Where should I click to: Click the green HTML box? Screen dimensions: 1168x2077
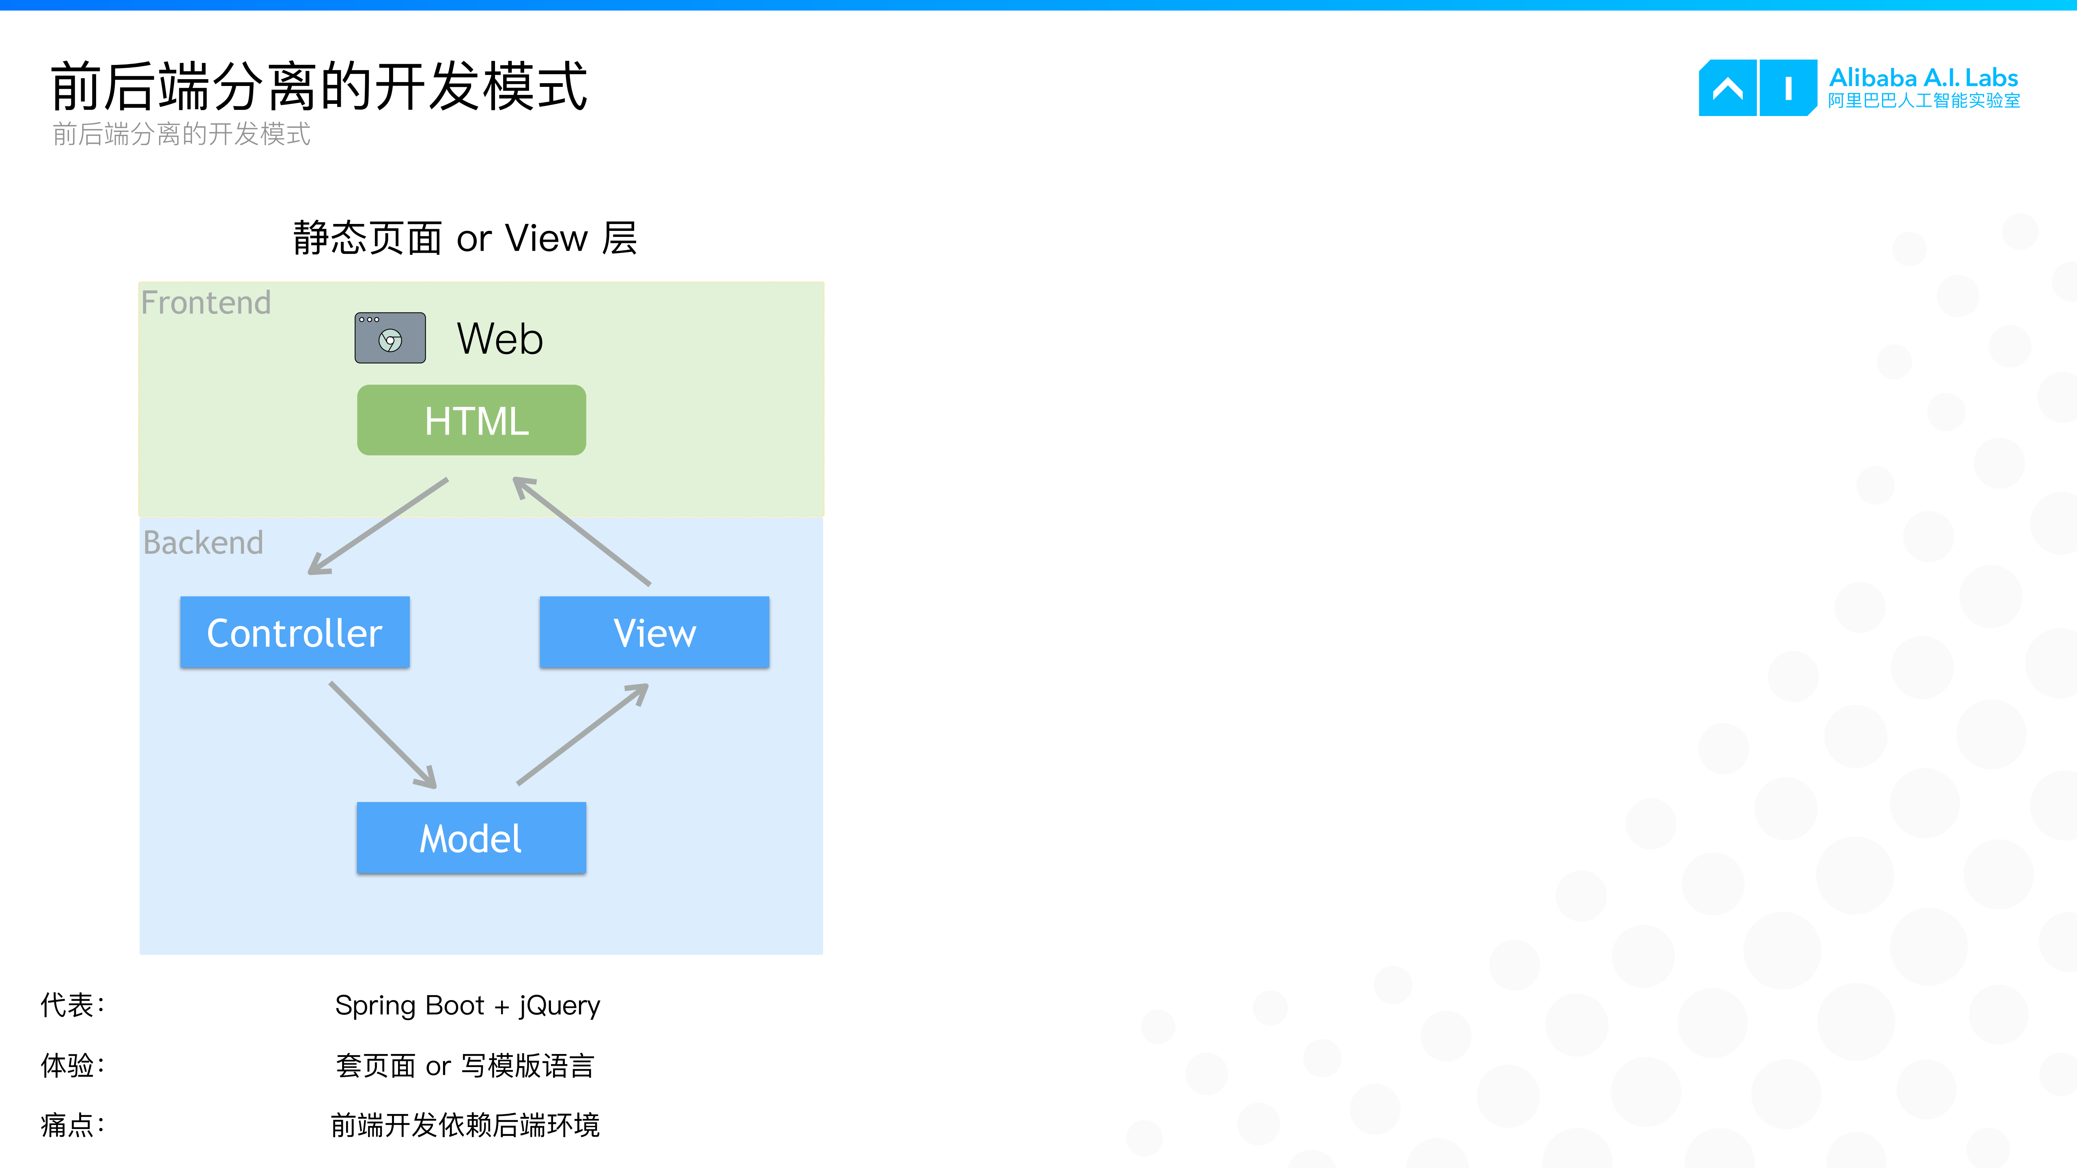click(x=472, y=420)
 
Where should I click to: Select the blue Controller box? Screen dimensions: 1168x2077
click(x=295, y=633)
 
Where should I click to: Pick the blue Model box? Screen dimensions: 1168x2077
click(x=472, y=838)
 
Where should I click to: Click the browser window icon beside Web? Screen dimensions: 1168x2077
click(x=390, y=338)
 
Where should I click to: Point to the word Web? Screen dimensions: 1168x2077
click(x=500, y=338)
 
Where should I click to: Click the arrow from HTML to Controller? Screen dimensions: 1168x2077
click(x=379, y=525)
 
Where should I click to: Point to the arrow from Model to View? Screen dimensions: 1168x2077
click(x=582, y=733)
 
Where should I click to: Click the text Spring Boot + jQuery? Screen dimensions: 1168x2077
click(x=468, y=1005)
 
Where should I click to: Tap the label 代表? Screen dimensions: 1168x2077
click(x=73, y=1005)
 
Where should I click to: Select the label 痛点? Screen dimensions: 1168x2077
click(x=73, y=1125)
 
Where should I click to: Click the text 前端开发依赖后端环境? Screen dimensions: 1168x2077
click(x=465, y=1125)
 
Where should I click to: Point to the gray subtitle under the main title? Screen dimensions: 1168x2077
click(x=181, y=134)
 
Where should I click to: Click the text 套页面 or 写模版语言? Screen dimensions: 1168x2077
click(x=465, y=1066)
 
